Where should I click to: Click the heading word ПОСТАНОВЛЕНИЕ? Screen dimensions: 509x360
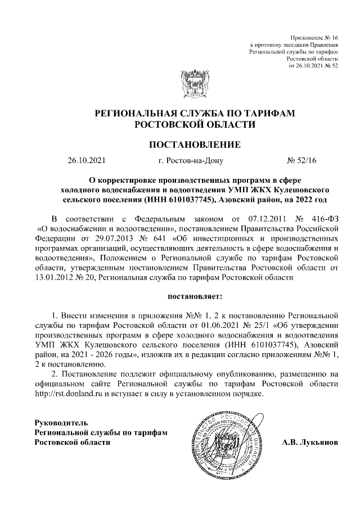click(194, 145)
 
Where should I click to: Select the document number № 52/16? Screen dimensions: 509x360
click(302, 161)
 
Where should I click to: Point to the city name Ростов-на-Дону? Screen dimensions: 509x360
click(191, 161)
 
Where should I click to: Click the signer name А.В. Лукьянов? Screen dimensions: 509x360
click(310, 442)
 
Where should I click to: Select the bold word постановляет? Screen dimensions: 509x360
click(194, 295)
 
